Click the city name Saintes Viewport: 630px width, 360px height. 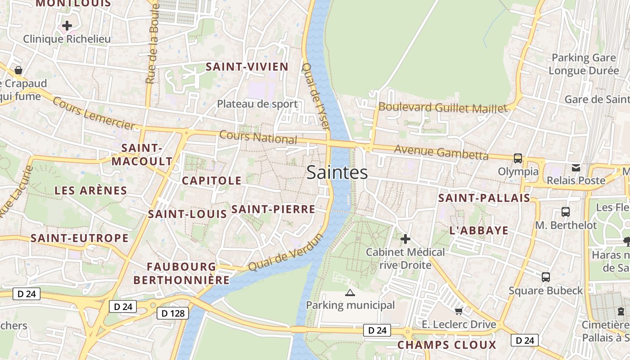point(337,173)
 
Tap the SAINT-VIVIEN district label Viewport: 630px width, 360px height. point(247,67)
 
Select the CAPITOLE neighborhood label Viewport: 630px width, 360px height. point(211,181)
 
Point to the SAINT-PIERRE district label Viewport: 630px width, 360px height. point(273,209)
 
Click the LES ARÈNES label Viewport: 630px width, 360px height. point(91,190)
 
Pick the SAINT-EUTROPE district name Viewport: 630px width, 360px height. point(80,238)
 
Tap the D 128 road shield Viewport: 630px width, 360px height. point(173,313)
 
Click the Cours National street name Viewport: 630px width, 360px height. point(258,137)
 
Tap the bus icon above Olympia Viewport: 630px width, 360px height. point(518,158)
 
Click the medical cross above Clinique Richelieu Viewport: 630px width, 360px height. point(67,26)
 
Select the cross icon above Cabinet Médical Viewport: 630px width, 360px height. point(405,239)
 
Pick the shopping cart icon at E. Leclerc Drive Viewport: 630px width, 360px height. point(459,311)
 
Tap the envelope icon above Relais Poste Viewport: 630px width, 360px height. point(576,168)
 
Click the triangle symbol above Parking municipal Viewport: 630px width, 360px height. point(350,293)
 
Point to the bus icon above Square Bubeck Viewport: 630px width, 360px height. point(546,277)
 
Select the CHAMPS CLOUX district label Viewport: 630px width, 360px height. point(447,345)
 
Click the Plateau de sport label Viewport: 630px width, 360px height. point(257,104)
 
